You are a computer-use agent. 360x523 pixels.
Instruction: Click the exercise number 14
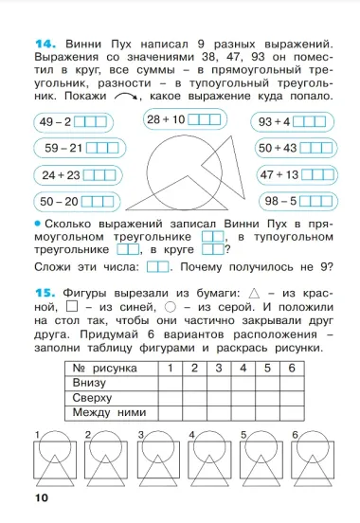pos(47,44)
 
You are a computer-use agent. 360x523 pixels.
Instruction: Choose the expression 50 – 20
pos(59,201)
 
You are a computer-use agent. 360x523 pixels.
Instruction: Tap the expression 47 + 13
pos(278,174)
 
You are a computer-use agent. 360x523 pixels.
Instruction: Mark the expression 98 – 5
pos(281,201)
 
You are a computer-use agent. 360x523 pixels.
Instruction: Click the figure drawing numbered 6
pos(318,460)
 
